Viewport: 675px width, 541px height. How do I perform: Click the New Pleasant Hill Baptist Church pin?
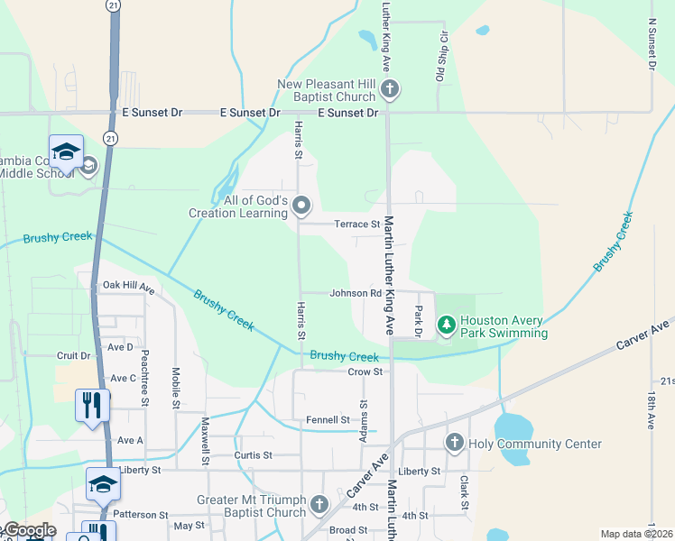pos(390,88)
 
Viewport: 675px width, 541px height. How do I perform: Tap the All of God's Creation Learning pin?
pos(301,206)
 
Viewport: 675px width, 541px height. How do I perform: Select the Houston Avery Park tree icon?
pos(445,325)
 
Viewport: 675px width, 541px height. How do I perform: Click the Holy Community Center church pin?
pos(454,442)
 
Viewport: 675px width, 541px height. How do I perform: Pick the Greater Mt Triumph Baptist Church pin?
pos(319,504)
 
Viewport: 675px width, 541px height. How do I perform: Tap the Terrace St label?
pos(357,224)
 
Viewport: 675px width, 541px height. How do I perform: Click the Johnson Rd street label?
pos(355,293)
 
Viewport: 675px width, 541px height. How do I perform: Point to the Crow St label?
pos(365,371)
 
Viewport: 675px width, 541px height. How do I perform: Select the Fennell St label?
pos(328,419)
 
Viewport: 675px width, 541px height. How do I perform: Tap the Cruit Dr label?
pos(73,355)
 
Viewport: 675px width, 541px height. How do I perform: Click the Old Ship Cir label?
pos(443,58)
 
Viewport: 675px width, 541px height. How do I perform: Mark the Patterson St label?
pos(141,514)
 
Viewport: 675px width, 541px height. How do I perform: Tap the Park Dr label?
pos(419,322)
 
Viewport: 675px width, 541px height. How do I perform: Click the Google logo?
pos(29,530)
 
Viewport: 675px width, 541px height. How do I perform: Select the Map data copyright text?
pos(636,534)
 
